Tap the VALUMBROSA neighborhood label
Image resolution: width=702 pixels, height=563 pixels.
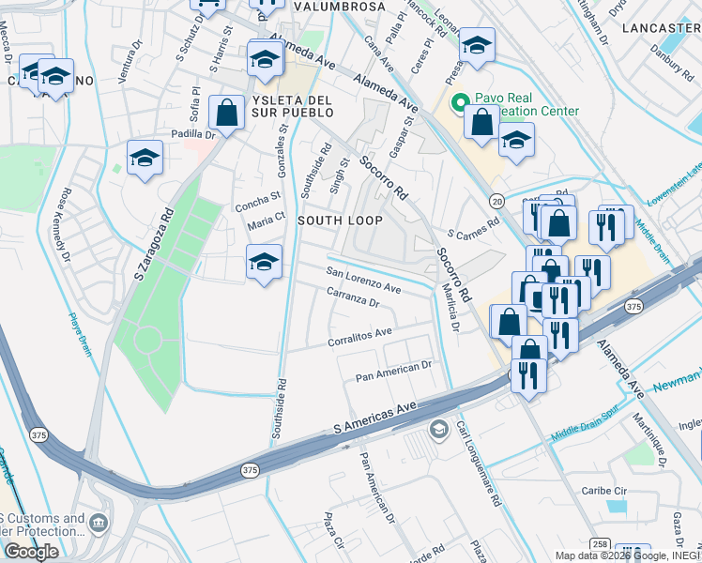[x=339, y=7]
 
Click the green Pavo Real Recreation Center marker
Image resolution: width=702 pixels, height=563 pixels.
[x=460, y=103]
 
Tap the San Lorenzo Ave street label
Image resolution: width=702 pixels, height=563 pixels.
[x=363, y=281]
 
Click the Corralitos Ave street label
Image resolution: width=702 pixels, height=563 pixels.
[x=360, y=334]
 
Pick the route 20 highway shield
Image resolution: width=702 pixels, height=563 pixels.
[x=496, y=202]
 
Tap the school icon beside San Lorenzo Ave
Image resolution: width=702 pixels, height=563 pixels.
[x=265, y=263]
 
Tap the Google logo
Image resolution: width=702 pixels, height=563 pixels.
[x=31, y=552]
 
